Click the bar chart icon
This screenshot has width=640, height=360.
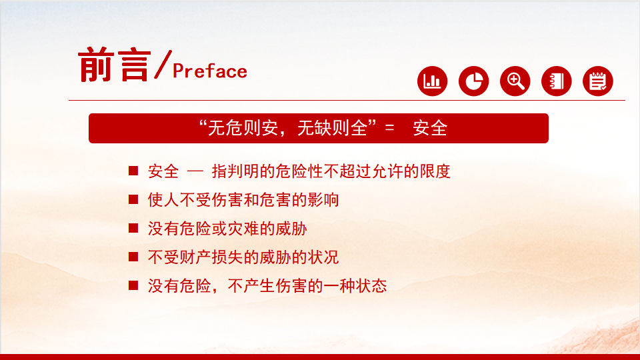[x=432, y=81]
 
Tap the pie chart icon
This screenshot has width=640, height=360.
[x=473, y=81]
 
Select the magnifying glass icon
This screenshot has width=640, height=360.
[x=515, y=81]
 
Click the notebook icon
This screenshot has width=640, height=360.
[x=556, y=81]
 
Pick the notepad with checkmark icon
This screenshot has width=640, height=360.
[x=598, y=81]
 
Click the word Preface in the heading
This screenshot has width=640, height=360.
[x=210, y=71]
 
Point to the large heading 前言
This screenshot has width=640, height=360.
[x=114, y=65]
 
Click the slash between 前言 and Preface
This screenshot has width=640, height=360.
[x=163, y=64]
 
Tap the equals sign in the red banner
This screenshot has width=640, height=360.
[x=389, y=128]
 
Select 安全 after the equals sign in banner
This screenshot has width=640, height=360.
[x=430, y=128]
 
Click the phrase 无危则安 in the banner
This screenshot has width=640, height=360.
[x=243, y=128]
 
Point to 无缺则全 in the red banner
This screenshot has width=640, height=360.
[x=332, y=128]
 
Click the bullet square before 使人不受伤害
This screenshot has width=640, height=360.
[x=133, y=199]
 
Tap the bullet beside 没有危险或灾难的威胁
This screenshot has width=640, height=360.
[x=133, y=228]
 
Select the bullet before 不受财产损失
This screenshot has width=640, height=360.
[x=133, y=256]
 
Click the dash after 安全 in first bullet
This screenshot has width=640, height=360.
[x=195, y=171]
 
